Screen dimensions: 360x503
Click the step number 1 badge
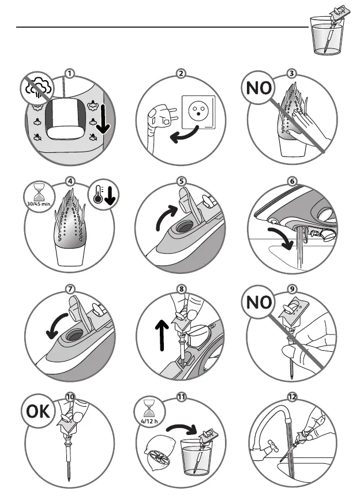pyautogui.click(x=69, y=73)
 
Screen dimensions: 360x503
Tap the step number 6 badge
pyautogui.click(x=292, y=181)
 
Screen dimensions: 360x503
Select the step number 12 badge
pyautogui.click(x=292, y=397)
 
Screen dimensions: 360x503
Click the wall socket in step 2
pyautogui.click(x=198, y=111)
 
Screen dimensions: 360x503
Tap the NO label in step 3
pyautogui.click(x=258, y=88)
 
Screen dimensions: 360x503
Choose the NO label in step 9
pyautogui.click(x=258, y=302)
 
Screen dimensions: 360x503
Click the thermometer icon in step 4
pyautogui.click(x=98, y=196)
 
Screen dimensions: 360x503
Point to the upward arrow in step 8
pyautogui.click(x=162, y=336)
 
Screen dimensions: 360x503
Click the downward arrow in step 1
pyautogui.click(x=103, y=119)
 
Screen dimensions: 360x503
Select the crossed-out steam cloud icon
pyautogui.click(x=39, y=87)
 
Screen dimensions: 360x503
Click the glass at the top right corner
pyautogui.click(x=327, y=35)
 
